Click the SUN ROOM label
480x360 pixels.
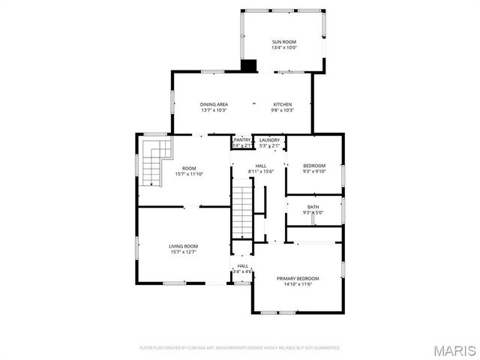[x=283, y=41]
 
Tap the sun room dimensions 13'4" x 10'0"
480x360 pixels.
[x=283, y=47]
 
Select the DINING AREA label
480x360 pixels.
[x=214, y=104]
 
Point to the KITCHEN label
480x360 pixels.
[x=282, y=104]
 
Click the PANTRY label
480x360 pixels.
[x=241, y=139]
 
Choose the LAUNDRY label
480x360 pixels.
[x=269, y=139]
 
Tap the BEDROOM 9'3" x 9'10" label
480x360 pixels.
[x=314, y=166]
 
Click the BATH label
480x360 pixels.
[x=313, y=207]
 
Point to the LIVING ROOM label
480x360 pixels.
[x=183, y=246]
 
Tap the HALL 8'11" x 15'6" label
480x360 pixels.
[x=260, y=166]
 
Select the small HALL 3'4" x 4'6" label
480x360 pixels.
[x=243, y=265]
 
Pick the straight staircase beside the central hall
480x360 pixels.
[x=242, y=211]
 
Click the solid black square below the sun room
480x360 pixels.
[x=248, y=65]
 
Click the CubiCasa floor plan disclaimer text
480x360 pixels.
[x=240, y=348]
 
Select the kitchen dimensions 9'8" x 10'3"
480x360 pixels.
[x=282, y=110]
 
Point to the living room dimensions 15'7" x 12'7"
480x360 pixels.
[x=183, y=252]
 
